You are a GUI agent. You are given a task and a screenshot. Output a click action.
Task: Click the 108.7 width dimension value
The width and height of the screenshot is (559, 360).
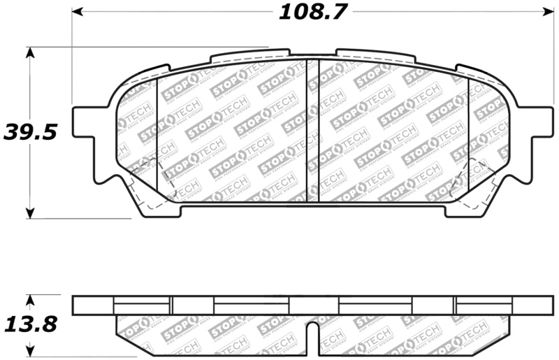pos(314,12)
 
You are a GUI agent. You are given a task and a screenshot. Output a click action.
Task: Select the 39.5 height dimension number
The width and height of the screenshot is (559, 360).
pos(29,131)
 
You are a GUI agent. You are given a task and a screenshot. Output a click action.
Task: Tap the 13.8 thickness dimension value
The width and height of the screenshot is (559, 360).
pos(29,325)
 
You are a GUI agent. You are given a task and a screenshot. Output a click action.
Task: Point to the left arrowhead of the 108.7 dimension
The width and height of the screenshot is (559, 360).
pos(78,12)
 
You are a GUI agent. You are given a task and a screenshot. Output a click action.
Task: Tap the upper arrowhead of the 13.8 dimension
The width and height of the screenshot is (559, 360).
pos(29,299)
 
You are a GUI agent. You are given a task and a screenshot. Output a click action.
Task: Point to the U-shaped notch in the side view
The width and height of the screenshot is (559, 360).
pos(314,332)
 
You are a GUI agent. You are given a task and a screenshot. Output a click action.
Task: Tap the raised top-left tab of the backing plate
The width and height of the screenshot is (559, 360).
pos(249,54)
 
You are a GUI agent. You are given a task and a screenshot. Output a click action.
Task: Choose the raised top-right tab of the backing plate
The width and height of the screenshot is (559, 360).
pos(374,54)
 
